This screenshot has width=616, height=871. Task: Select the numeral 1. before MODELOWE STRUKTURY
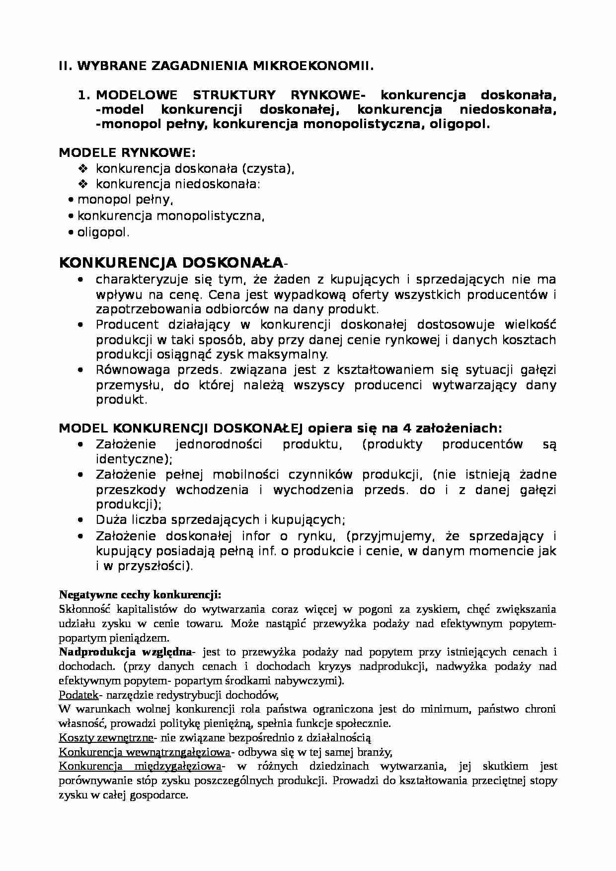coord(83,95)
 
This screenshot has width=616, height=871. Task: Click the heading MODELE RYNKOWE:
coord(127,152)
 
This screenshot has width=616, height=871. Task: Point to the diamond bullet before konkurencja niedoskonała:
coord(83,184)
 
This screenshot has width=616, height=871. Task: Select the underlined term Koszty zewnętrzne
coord(106,737)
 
